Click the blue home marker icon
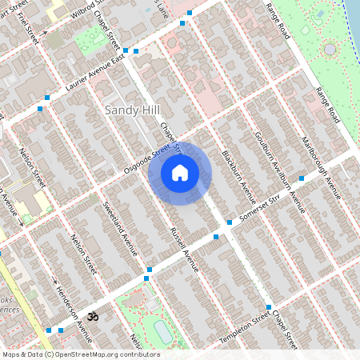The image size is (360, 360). click(x=180, y=173)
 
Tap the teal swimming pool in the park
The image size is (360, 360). click(x=162, y=330)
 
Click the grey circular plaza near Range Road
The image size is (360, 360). click(x=329, y=50)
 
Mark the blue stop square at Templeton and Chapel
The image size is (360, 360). click(x=269, y=306)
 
